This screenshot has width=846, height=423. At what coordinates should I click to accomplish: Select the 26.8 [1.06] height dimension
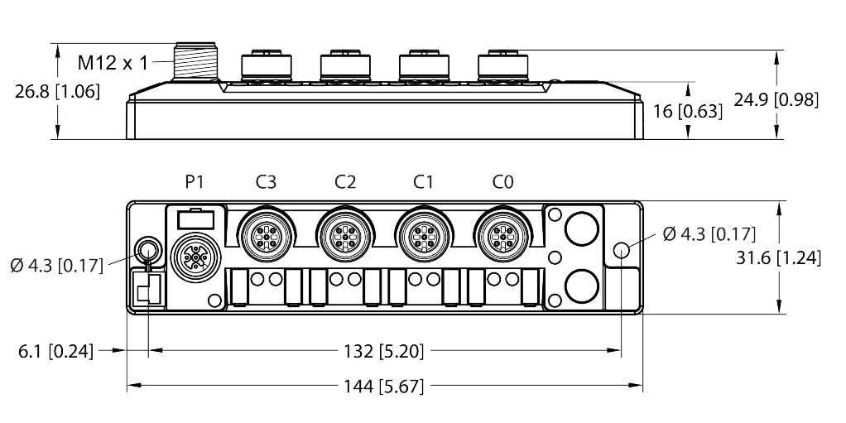click(57, 92)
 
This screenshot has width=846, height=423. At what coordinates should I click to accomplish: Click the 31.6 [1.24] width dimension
click(779, 258)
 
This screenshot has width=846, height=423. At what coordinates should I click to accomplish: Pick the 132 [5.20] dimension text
click(385, 351)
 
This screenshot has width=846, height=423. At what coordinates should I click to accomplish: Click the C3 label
click(267, 182)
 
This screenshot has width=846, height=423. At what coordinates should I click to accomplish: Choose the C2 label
click(346, 182)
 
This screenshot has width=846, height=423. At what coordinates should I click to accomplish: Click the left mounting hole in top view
click(147, 249)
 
